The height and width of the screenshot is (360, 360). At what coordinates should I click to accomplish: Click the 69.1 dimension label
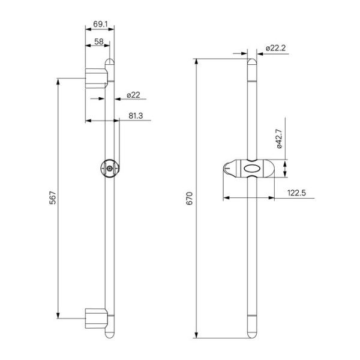click(x=100, y=24)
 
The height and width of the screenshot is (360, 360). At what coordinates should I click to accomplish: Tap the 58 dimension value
click(x=99, y=41)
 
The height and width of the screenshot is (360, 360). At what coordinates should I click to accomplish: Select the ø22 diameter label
click(x=133, y=95)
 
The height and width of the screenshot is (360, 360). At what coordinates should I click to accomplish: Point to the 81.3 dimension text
click(x=136, y=116)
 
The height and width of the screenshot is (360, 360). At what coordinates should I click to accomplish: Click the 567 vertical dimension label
click(x=53, y=197)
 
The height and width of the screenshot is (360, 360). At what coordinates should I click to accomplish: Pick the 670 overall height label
click(x=190, y=199)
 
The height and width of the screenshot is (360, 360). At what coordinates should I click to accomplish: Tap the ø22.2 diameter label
click(x=276, y=48)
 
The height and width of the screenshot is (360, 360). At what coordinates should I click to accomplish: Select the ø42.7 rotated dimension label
click(x=279, y=139)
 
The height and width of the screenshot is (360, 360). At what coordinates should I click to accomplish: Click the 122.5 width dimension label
click(x=296, y=193)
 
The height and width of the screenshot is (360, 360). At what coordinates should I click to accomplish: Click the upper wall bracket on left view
click(x=97, y=78)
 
